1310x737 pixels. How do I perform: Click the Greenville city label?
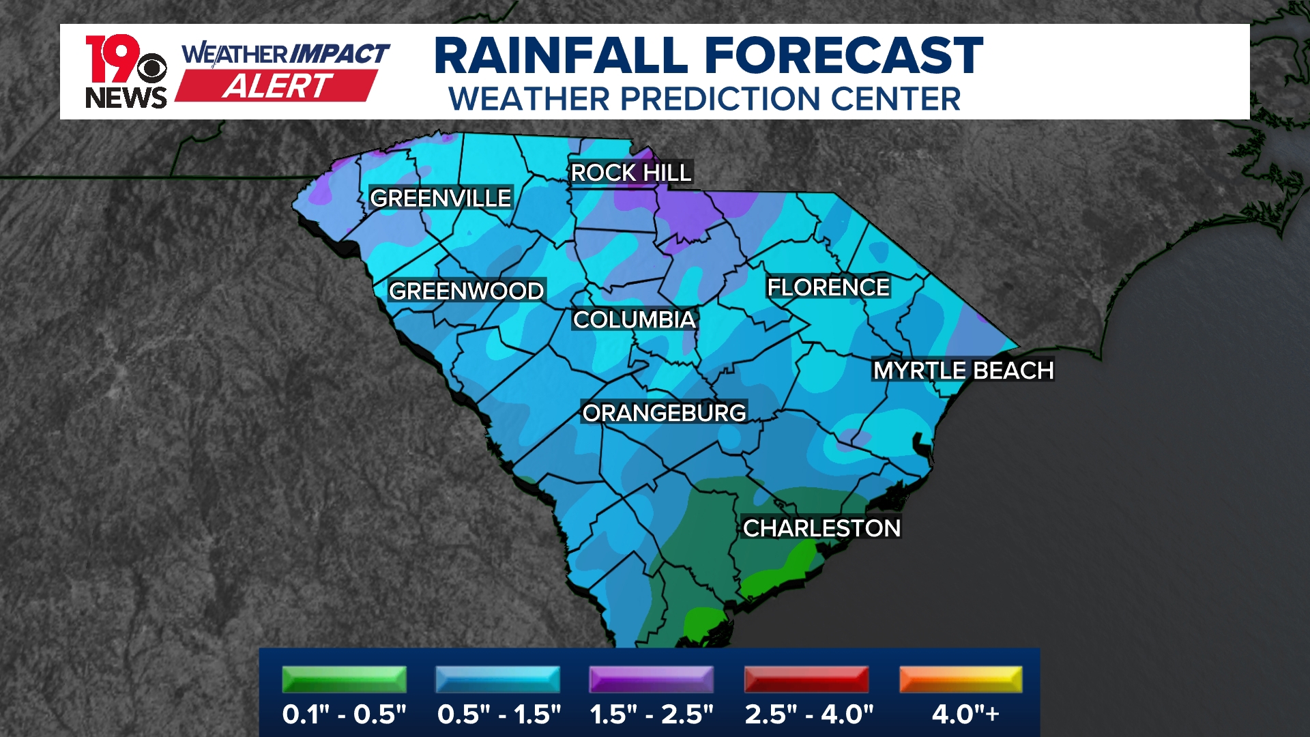[x=440, y=198]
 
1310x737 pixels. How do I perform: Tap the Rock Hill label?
[x=631, y=173]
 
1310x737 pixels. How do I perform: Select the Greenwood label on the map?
[x=466, y=291]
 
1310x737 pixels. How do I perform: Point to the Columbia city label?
[x=634, y=319]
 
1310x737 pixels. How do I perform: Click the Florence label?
[x=828, y=287]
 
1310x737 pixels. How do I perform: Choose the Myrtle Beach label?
[x=963, y=370]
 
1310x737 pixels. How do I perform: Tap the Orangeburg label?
[x=664, y=412]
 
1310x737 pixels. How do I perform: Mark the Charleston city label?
[x=821, y=528]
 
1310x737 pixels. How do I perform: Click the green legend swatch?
[x=344, y=680]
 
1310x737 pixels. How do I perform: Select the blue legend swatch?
[x=497, y=680]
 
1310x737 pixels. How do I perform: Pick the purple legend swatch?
[x=652, y=680]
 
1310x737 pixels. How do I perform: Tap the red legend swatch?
[x=806, y=680]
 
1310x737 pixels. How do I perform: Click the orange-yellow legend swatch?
[x=961, y=680]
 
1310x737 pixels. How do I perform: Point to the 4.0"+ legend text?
[x=965, y=714]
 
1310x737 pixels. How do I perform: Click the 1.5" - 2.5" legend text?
[x=652, y=714]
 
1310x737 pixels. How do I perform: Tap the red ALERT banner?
[x=277, y=86]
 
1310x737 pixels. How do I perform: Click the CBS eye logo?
[x=151, y=68]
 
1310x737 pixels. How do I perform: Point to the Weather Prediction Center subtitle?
[x=704, y=99]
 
